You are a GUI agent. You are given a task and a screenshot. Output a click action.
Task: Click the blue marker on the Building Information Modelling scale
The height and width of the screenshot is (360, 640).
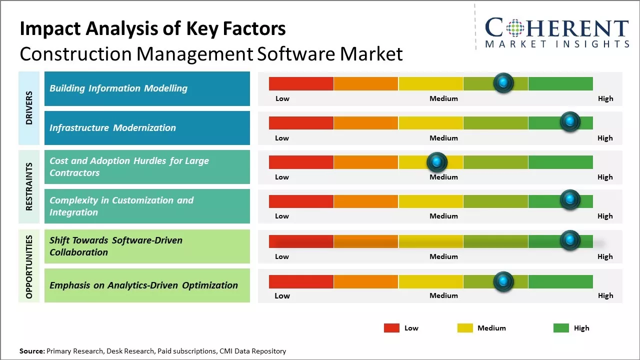(x=503, y=82)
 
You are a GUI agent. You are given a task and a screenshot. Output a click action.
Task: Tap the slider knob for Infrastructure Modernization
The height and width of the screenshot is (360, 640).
(x=569, y=121)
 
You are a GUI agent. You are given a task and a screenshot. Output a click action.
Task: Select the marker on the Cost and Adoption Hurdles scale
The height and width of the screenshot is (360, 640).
(x=437, y=161)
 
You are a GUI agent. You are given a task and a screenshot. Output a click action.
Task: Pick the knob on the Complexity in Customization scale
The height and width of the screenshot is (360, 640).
(x=569, y=200)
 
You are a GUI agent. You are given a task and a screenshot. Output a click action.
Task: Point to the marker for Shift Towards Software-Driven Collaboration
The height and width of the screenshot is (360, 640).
(x=569, y=240)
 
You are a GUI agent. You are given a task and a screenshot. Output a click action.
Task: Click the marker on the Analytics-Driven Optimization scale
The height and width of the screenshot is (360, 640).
(x=503, y=281)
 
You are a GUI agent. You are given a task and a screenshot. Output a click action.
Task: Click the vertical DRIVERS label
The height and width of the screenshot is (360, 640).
(x=29, y=108)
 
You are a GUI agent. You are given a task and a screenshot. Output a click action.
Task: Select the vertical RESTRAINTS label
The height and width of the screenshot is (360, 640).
(x=29, y=186)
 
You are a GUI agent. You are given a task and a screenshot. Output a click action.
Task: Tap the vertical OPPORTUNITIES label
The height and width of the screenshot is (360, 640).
(x=29, y=266)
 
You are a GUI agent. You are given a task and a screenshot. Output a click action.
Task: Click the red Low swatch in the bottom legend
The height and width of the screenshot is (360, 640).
(x=391, y=328)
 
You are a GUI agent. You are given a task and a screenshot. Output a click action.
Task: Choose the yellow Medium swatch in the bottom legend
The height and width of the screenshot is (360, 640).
(x=465, y=328)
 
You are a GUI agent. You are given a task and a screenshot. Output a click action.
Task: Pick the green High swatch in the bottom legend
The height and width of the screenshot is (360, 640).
(x=561, y=328)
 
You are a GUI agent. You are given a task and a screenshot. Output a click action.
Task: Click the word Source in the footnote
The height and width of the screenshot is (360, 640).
(x=32, y=351)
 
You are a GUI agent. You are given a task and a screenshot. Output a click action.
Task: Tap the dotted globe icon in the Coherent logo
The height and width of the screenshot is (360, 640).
(x=514, y=28)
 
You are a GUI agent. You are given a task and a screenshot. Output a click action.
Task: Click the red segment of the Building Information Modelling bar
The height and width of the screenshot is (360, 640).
(x=301, y=83)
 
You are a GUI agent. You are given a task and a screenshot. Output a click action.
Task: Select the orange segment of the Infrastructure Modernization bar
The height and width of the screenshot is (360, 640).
(x=365, y=122)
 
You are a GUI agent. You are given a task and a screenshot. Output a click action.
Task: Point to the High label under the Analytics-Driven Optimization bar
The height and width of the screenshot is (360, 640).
(x=605, y=295)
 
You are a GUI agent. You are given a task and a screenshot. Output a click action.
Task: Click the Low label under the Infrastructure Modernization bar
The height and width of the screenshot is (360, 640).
(x=282, y=138)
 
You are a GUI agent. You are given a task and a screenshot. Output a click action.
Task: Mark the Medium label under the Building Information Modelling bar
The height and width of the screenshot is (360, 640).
(x=443, y=98)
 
